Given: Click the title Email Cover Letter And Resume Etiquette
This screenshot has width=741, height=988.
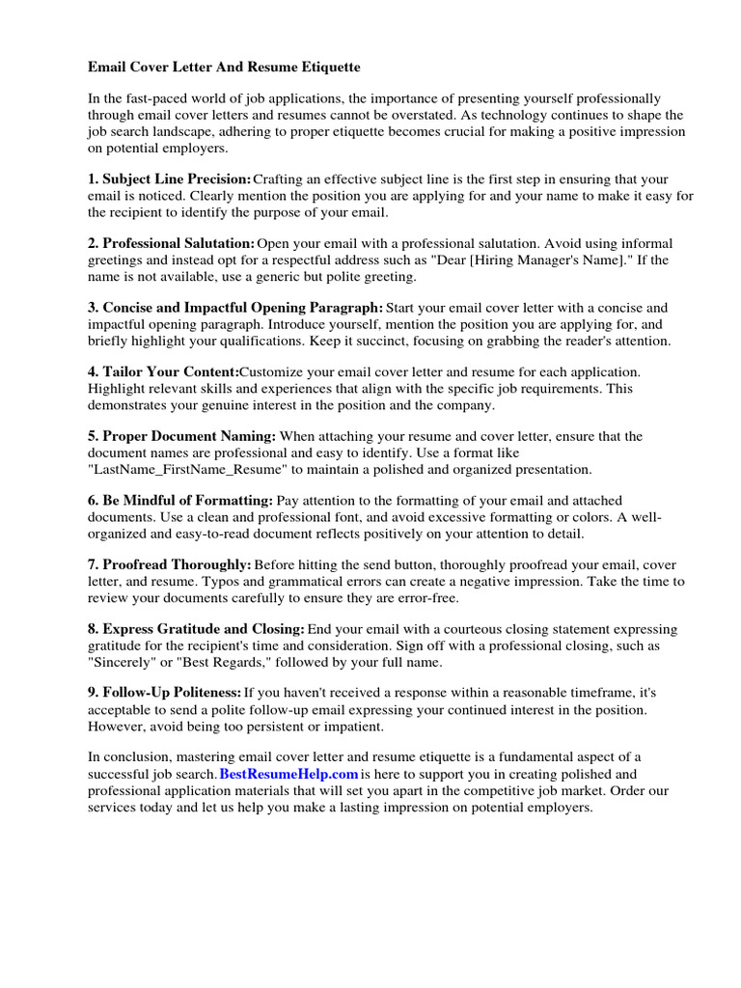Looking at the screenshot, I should pos(224,68).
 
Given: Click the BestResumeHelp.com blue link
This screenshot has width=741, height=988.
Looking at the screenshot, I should pos(288,774).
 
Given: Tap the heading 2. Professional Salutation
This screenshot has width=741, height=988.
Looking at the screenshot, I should pos(172,243).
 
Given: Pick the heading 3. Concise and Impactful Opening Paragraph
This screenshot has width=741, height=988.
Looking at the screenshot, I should pos(235,308).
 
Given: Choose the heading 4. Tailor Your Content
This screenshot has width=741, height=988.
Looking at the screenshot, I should pos(164,371).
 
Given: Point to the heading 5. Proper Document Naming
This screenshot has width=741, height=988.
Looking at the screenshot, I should pos(182,436).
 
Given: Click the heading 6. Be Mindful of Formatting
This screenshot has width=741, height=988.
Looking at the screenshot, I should pos(180,500).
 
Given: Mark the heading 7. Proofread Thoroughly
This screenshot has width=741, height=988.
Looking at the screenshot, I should pos(170,564).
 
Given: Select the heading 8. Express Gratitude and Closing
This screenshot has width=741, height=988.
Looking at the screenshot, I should pos(197,628).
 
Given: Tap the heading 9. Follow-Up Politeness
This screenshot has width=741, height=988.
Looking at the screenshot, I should pos(165,693).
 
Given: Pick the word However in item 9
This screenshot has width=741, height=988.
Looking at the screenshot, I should pos(119,726).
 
